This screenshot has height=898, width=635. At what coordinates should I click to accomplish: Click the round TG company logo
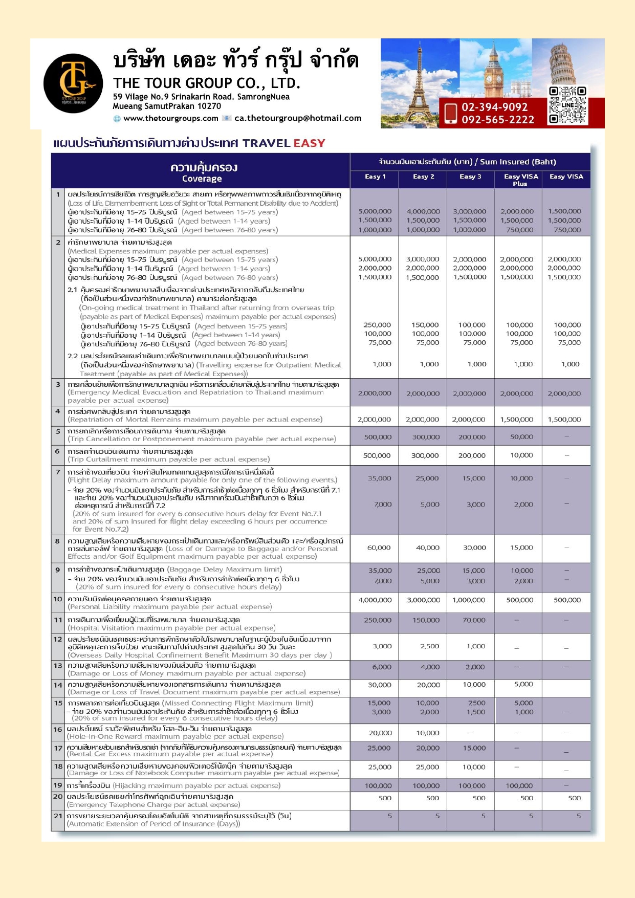tap(73, 83)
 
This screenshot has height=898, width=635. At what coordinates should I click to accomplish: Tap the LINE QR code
tap(567, 105)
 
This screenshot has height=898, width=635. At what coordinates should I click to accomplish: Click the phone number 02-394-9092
tap(494, 107)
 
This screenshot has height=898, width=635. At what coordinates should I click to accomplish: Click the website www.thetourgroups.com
tap(170, 118)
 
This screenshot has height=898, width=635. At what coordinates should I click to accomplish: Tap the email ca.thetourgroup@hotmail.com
tap(298, 118)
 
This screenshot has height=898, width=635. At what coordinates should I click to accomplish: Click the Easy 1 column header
tap(375, 177)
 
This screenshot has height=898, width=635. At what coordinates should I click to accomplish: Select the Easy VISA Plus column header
tap(520, 180)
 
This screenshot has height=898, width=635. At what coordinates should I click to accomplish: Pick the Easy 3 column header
tap(470, 177)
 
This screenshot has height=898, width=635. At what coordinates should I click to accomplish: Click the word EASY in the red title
tap(309, 143)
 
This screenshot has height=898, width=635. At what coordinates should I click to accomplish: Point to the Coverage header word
tap(202, 179)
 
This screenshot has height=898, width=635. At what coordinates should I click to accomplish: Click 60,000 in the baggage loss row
tap(379, 547)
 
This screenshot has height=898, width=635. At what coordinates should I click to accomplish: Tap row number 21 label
tap(58, 816)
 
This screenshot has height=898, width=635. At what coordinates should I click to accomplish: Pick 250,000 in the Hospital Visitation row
tap(377, 620)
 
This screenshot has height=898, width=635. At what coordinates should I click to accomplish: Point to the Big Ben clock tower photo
tap(494, 69)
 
